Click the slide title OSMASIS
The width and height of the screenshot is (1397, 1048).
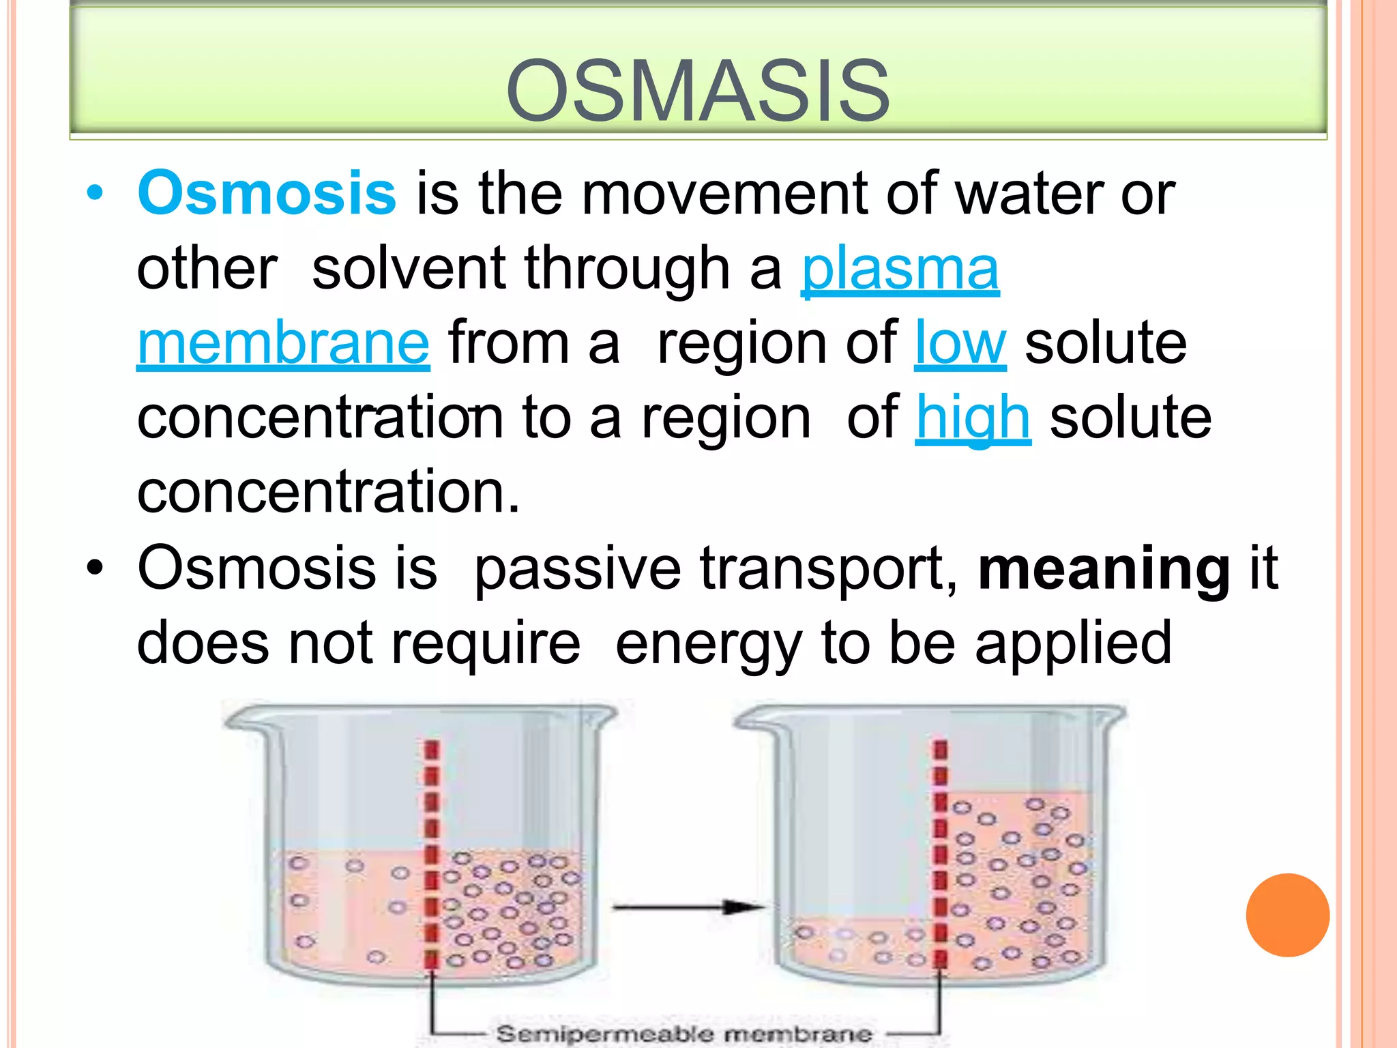point(698,91)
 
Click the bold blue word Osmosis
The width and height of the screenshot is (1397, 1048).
point(267,193)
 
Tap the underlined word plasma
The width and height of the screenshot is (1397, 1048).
point(900,269)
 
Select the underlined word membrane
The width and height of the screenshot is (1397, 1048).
point(283,343)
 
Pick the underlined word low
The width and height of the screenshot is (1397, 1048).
point(960,343)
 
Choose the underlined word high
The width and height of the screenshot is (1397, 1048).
point(973,418)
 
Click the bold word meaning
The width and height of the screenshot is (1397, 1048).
point(1104,568)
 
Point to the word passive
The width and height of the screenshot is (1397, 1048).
point(577,568)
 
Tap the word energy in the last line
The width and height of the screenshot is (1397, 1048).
point(709,643)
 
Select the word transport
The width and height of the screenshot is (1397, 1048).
point(829,568)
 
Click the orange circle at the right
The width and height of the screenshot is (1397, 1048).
point(1287,915)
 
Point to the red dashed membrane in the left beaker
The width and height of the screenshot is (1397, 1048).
point(432,853)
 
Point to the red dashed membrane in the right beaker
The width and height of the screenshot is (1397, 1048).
point(941,853)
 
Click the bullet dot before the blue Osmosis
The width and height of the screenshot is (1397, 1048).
point(95,194)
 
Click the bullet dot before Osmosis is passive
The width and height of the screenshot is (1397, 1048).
point(95,568)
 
